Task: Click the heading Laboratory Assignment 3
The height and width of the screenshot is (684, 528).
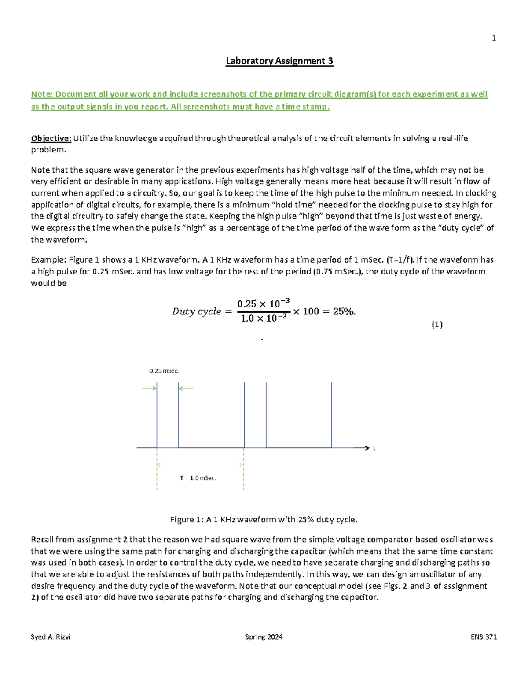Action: click(279, 61)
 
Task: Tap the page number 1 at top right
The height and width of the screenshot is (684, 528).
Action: click(494, 38)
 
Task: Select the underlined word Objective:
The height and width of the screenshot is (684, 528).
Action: click(51, 138)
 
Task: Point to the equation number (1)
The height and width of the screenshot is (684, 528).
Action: click(436, 325)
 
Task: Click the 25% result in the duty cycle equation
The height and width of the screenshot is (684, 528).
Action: click(344, 311)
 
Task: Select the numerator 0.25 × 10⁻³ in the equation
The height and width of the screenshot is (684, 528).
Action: click(263, 303)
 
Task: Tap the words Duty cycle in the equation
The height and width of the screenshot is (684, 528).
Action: click(197, 311)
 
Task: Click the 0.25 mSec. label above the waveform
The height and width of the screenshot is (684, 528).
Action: click(164, 371)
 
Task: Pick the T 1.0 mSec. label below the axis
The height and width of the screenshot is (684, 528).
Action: click(198, 478)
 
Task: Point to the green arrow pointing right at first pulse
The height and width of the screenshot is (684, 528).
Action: click(149, 388)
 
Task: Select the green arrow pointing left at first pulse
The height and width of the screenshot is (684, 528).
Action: click(186, 388)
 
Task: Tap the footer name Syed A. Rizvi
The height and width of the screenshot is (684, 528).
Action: click(50, 637)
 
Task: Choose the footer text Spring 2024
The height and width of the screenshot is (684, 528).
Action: click(264, 637)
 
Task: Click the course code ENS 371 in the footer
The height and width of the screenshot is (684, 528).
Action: click(484, 637)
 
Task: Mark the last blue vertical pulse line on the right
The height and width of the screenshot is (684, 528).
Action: click(331, 414)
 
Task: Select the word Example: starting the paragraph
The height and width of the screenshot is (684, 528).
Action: click(48, 260)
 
